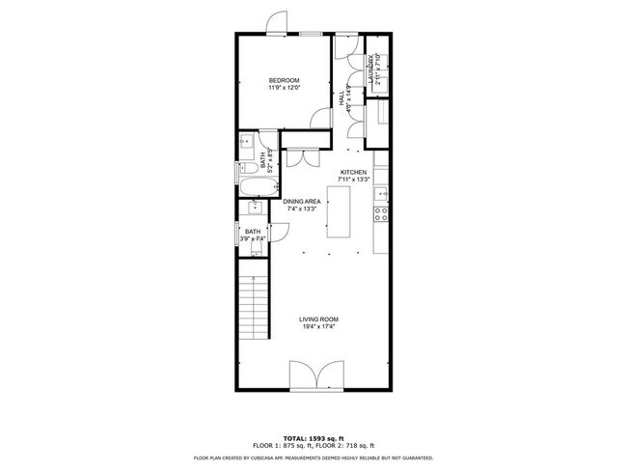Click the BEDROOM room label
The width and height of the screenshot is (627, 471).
(x=284, y=79)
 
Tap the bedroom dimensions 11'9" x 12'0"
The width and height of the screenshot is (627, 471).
(x=284, y=88)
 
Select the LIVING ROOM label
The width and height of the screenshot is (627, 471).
(x=317, y=319)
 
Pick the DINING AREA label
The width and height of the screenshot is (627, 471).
(x=302, y=201)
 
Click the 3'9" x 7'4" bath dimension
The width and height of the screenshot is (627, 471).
(x=253, y=238)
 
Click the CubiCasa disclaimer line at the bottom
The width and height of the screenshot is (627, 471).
(x=313, y=457)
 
